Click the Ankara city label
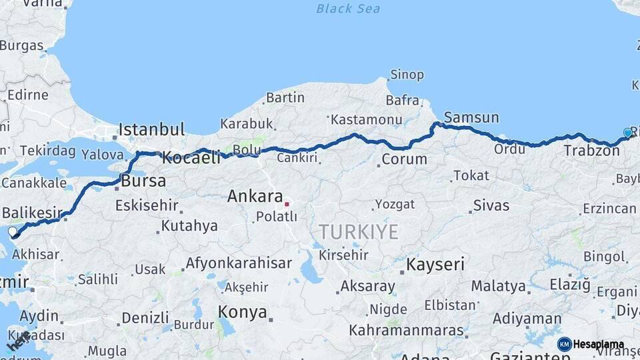255,197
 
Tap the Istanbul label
151,129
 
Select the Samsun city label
471,118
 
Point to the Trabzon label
591,151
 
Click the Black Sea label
348,9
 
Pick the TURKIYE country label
358,232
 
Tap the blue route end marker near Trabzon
627,133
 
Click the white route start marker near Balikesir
12,231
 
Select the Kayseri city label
435,265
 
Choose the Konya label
243,312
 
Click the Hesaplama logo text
599,345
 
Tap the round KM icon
564,344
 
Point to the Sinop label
407,75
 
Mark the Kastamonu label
367,120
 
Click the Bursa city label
143,181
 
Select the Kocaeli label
191,159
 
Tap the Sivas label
491,205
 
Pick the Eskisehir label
147,205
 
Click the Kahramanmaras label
406,331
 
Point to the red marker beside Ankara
286,204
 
